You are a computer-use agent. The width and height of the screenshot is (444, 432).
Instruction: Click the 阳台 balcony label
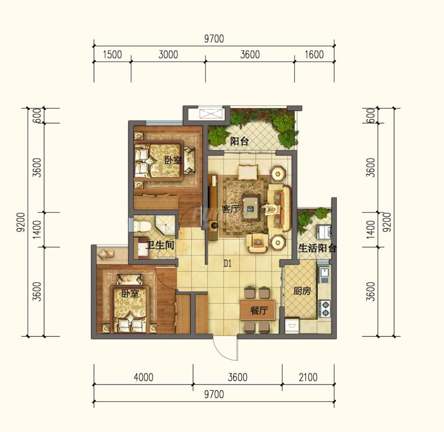pos(239,141)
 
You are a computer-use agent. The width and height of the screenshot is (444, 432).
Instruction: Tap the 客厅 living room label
pos(230,209)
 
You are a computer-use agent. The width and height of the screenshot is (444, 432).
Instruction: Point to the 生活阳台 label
pos(317,248)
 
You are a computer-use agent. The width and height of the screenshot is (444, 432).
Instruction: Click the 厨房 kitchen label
pos(302,291)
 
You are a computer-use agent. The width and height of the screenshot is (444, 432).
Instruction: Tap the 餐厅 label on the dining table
pos(259,310)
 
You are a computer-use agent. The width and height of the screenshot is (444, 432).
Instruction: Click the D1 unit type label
pos(228,264)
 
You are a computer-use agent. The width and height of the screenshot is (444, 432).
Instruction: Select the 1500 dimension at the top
pos(112,55)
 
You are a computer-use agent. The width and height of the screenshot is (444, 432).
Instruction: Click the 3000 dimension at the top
pos(168,55)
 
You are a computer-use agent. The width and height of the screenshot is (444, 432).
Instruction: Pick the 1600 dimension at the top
pos(314,55)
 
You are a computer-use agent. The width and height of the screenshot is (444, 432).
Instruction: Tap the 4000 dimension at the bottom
pos(143,377)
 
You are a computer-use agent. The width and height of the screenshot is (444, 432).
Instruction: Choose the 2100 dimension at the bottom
pos(308,377)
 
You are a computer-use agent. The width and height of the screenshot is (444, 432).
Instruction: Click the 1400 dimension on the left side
pos(37,229)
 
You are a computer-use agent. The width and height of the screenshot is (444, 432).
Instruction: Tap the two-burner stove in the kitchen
pos(325,308)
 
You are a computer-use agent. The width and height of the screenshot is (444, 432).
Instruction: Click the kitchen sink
pos(324,275)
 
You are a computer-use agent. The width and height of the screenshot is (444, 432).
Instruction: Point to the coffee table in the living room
pos(251,208)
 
